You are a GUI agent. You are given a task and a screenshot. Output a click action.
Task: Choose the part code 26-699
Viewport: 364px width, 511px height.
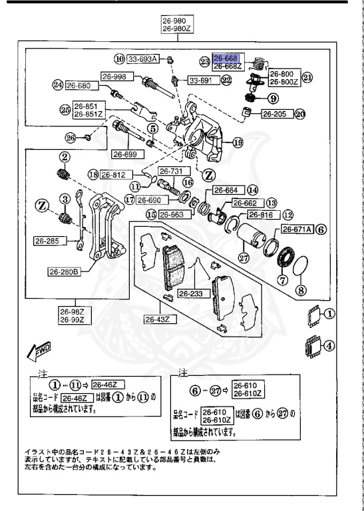[125, 154]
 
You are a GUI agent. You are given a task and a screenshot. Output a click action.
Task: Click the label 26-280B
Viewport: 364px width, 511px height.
[64, 271]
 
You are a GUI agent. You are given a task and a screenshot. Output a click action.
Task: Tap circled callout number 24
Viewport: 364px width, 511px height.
[58, 85]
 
